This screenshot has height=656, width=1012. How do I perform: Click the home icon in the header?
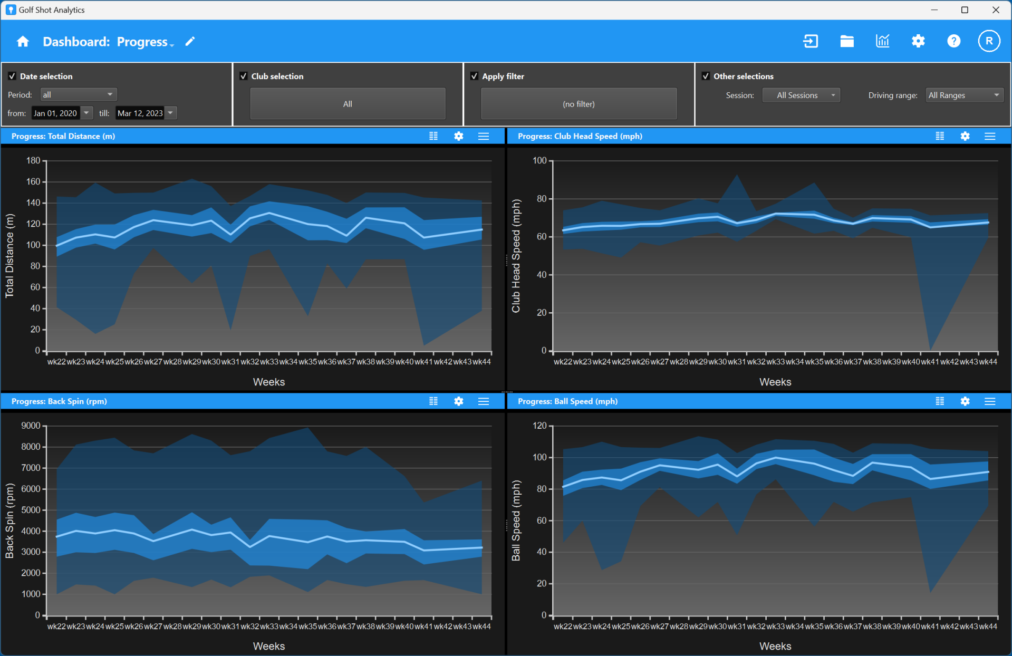tap(23, 42)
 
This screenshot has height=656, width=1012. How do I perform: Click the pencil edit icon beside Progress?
tap(190, 41)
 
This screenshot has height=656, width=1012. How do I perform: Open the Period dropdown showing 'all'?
tap(78, 94)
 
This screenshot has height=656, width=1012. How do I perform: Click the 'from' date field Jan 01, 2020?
tap(55, 113)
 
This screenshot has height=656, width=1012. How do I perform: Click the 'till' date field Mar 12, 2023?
tap(140, 113)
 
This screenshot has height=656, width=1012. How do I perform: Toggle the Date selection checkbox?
tap(12, 76)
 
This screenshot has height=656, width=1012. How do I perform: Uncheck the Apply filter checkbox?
tap(474, 76)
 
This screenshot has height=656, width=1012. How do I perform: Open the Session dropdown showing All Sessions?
tap(801, 95)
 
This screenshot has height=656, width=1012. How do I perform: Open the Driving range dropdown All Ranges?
tap(963, 95)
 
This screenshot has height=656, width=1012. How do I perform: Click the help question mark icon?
tap(953, 41)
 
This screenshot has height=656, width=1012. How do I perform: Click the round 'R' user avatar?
tap(989, 41)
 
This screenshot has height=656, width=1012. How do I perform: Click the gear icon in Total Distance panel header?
tap(459, 136)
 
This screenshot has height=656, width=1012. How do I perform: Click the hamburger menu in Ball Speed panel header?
tap(990, 401)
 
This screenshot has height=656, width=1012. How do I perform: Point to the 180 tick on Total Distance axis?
tap(33, 160)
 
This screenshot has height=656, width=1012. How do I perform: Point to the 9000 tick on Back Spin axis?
tap(31, 426)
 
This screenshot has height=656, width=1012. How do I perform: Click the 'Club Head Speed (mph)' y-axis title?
tap(516, 256)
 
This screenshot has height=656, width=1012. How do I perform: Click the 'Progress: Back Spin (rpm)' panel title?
tap(59, 401)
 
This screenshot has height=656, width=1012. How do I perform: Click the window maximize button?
tap(965, 10)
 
